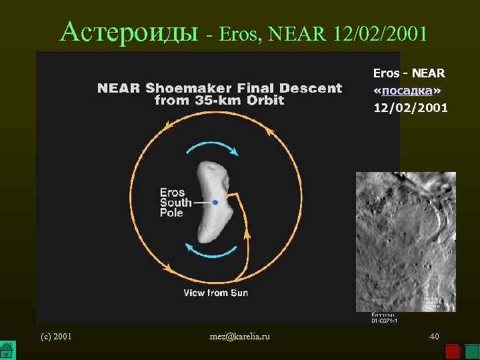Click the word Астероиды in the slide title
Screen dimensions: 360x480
click(129, 31)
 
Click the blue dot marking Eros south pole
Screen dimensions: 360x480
click(215, 202)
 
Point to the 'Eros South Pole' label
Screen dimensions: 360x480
click(175, 203)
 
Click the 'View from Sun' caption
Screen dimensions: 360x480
click(216, 293)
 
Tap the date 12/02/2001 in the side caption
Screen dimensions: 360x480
click(411, 107)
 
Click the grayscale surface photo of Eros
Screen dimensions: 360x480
click(405, 241)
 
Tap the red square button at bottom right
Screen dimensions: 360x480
click(453, 351)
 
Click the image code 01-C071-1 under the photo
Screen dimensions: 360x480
click(385, 320)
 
